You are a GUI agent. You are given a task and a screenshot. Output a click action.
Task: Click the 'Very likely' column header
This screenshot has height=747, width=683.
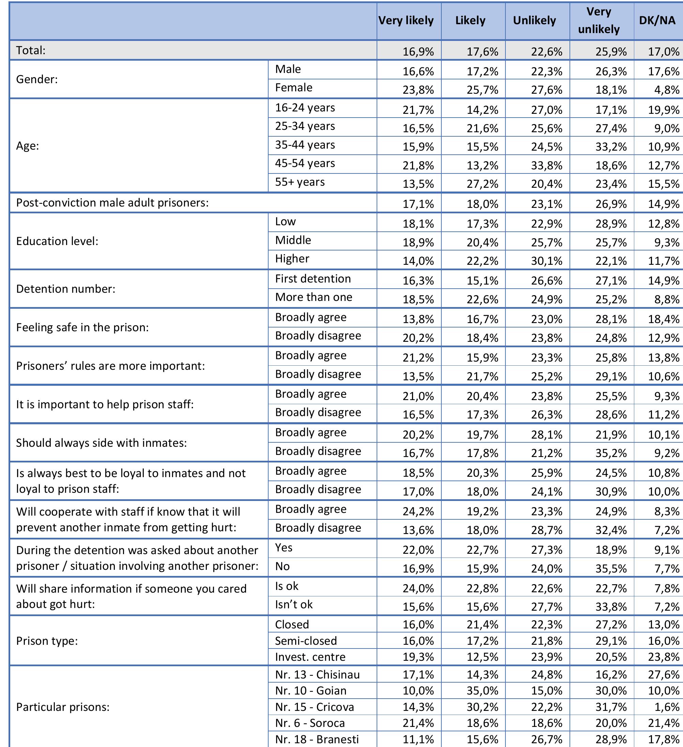pos(406,20)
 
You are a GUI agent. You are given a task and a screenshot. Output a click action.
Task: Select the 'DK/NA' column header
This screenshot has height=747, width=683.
pos(657,20)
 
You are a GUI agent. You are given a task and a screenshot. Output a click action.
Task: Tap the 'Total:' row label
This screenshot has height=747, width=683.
pos(31,50)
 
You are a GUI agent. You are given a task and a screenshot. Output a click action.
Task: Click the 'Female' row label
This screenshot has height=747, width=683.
pos(293,88)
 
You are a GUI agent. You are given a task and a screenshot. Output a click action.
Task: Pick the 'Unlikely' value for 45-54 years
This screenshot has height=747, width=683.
pos(547,165)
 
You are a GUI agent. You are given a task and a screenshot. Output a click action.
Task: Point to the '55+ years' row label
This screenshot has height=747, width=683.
pos(300,182)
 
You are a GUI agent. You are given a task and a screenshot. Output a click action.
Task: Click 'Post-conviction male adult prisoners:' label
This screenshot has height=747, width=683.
pos(112,203)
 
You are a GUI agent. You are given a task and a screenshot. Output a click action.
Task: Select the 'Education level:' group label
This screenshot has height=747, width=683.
pos(57,241)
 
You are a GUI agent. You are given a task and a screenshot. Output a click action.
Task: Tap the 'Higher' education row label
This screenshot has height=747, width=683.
pos(292,259)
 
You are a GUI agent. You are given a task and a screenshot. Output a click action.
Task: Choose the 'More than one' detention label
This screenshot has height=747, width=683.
pos(314,297)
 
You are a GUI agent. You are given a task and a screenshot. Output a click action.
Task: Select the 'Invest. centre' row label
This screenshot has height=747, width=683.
pos(310,657)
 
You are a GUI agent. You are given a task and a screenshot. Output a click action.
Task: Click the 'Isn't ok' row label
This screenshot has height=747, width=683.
pos(293,605)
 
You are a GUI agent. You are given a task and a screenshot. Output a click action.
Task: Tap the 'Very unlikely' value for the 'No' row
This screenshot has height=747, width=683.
pos(611,568)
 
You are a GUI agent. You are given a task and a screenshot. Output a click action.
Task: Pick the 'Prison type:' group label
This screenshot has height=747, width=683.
pos(47,641)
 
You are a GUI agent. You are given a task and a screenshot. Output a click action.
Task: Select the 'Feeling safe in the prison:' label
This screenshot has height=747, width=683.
pos(82,327)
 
